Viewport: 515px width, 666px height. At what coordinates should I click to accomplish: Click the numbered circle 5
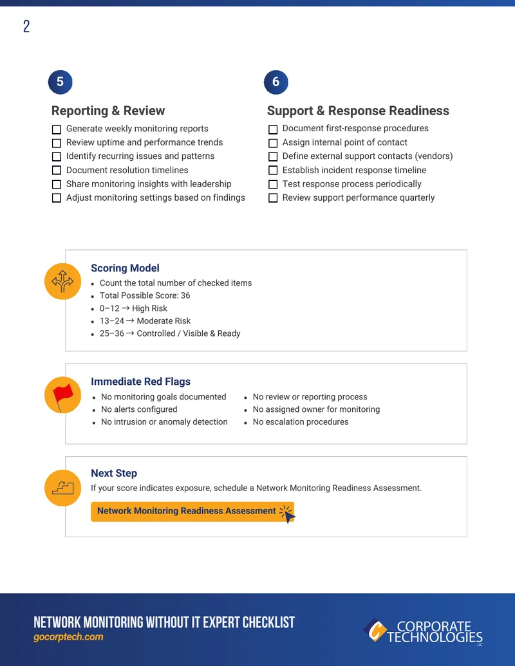(x=61, y=82)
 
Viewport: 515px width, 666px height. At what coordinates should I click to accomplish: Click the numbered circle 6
(x=276, y=82)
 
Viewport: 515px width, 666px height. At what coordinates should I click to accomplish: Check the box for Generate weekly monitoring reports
(x=57, y=129)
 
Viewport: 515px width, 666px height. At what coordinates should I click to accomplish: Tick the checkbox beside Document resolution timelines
(x=57, y=171)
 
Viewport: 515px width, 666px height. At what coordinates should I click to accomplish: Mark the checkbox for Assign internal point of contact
(x=273, y=143)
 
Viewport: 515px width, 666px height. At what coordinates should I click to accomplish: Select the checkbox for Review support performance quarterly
(x=273, y=198)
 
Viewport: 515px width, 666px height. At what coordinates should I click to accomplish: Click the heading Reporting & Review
(x=108, y=111)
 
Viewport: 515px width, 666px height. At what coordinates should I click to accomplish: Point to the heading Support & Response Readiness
(x=358, y=111)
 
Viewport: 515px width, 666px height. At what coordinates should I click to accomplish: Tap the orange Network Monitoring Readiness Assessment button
(x=192, y=512)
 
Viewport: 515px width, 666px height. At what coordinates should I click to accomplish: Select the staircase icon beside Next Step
(x=63, y=488)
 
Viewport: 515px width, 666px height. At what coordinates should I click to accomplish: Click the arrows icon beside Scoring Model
(x=63, y=281)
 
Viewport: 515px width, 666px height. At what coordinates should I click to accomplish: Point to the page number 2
(x=26, y=26)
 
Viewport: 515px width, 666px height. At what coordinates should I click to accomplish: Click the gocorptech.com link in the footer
(x=68, y=637)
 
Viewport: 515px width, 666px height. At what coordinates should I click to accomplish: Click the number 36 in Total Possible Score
(x=185, y=295)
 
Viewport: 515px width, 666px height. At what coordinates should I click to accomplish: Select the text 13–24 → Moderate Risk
(x=145, y=321)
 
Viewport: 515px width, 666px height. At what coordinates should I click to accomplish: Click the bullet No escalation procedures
(x=301, y=422)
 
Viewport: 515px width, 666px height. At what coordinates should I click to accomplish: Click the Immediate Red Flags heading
(x=140, y=382)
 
